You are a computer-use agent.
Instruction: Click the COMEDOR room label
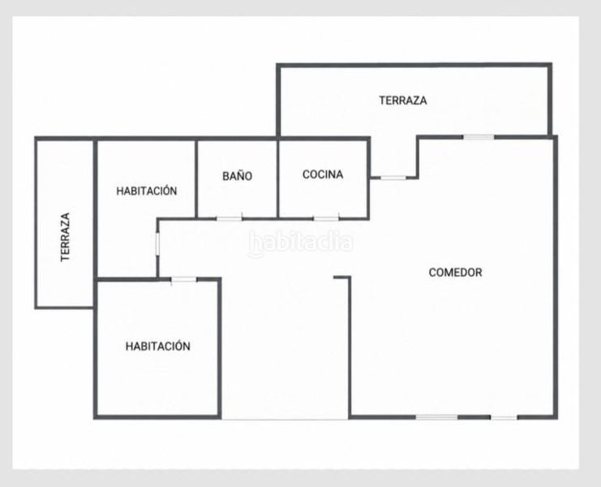click(x=455, y=272)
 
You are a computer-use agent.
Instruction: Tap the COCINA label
click(x=323, y=175)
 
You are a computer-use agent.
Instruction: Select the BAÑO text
click(x=238, y=175)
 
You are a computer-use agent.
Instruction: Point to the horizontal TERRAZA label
click(x=403, y=101)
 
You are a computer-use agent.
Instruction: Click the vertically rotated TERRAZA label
click(x=66, y=237)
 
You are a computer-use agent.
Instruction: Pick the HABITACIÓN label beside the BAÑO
click(x=147, y=191)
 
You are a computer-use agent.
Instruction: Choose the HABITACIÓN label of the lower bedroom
click(x=158, y=346)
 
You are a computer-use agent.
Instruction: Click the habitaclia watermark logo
click(x=301, y=243)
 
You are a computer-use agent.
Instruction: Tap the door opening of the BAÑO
click(x=230, y=219)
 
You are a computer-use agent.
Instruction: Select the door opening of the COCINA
click(x=326, y=219)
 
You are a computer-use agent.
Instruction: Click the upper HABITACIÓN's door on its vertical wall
click(x=157, y=243)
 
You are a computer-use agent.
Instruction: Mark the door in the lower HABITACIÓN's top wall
click(x=183, y=279)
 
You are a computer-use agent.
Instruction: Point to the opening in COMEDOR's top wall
click(x=479, y=137)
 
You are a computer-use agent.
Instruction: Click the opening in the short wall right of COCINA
click(x=393, y=178)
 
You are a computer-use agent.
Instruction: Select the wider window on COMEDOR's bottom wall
click(x=437, y=417)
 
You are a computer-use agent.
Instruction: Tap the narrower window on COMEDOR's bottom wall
click(x=504, y=417)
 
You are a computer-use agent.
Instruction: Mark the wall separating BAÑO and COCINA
click(x=277, y=179)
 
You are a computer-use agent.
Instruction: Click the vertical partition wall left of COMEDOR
click(x=350, y=347)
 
